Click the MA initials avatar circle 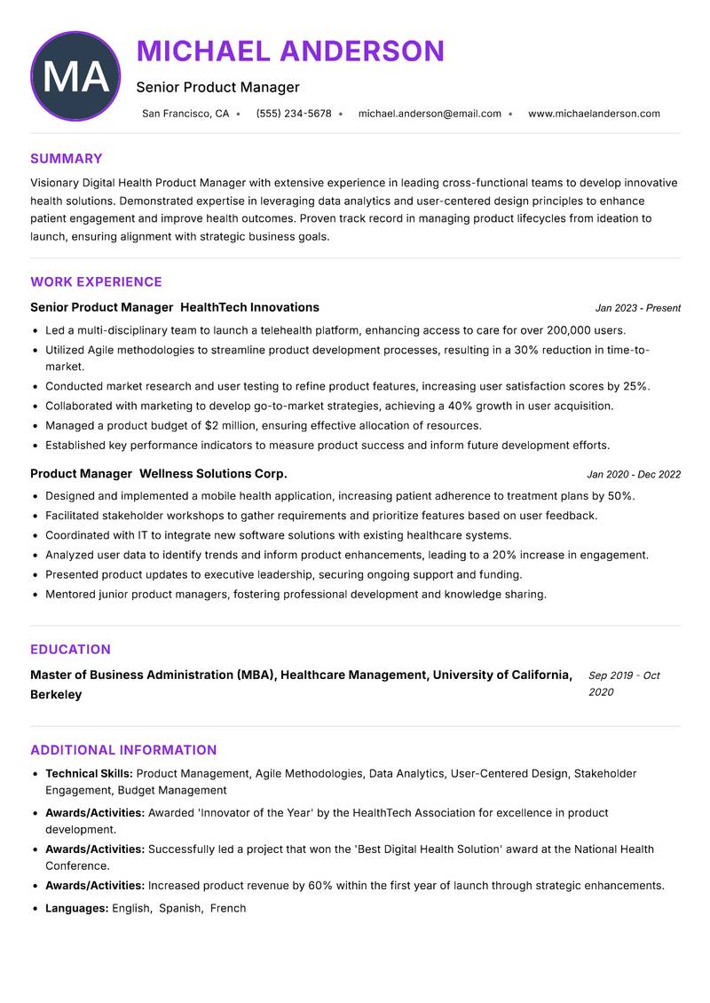pyautogui.click(x=75, y=76)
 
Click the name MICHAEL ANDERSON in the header pyautogui.click(x=290, y=51)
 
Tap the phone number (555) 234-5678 pyautogui.click(x=293, y=114)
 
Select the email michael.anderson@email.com pyautogui.click(x=430, y=114)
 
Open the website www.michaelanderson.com pyautogui.click(x=594, y=114)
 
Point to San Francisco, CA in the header pyautogui.click(x=185, y=114)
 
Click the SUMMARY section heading pyautogui.click(x=67, y=159)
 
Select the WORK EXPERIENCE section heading pyautogui.click(x=96, y=282)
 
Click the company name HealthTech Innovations pyautogui.click(x=249, y=307)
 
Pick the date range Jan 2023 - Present pyautogui.click(x=637, y=308)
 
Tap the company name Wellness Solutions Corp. pyautogui.click(x=213, y=474)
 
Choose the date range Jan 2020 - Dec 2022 pyautogui.click(x=633, y=474)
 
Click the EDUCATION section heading pyautogui.click(x=70, y=650)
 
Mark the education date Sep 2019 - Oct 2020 pyautogui.click(x=623, y=683)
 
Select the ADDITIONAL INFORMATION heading pyautogui.click(x=123, y=750)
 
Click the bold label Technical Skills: pyautogui.click(x=89, y=774)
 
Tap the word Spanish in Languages pyautogui.click(x=180, y=908)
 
